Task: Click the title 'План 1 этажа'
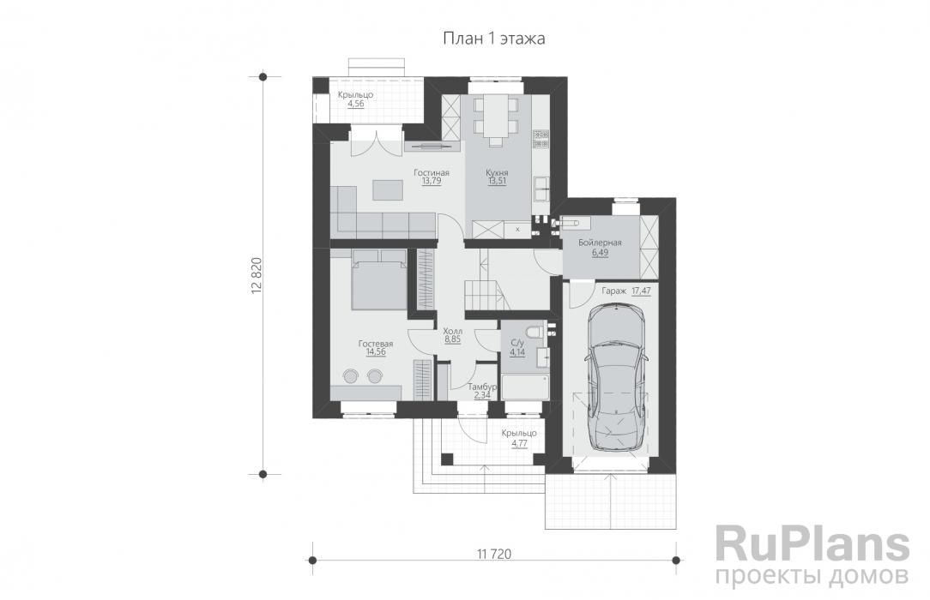(x=494, y=39)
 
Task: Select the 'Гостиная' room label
(x=432, y=172)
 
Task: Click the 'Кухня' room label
(x=497, y=172)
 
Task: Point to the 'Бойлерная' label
(x=600, y=243)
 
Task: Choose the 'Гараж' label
(x=614, y=291)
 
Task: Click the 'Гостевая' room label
(x=376, y=344)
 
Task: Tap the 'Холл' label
(x=452, y=331)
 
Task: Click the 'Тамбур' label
(x=481, y=387)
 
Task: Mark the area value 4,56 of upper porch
(x=356, y=104)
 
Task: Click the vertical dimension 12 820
(x=257, y=275)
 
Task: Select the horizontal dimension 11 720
(x=493, y=554)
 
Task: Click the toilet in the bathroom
(x=535, y=331)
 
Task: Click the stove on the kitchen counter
(x=540, y=139)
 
